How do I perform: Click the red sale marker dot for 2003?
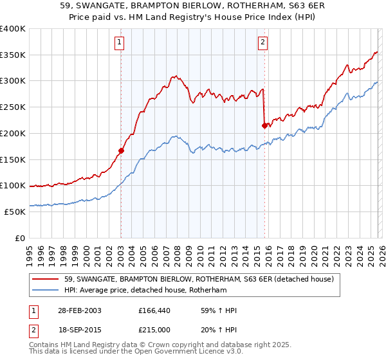(121, 151)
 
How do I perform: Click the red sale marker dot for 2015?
(264, 126)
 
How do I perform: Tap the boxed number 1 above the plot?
(120, 43)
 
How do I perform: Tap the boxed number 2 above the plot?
(263, 43)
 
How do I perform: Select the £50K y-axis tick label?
(15, 212)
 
